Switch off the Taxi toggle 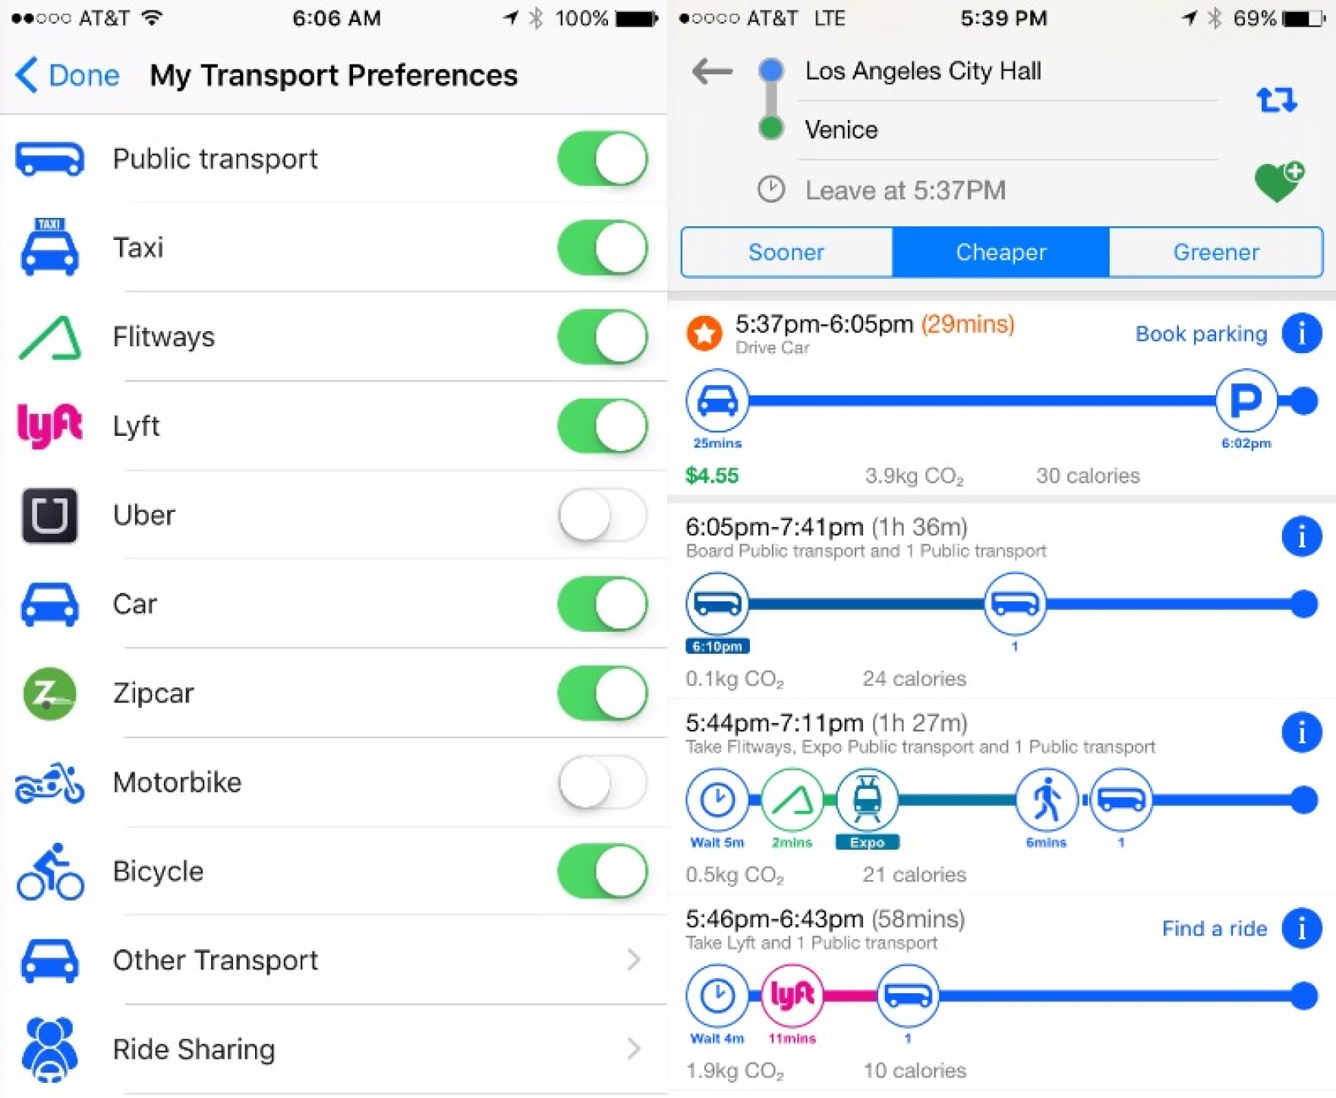click(603, 248)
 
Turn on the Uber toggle click(603, 515)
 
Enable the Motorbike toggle click(603, 782)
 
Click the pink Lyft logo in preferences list click(49, 425)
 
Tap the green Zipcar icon click(49, 693)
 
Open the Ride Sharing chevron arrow click(634, 1049)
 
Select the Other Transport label click(215, 960)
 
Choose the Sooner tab click(786, 252)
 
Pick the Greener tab click(1215, 252)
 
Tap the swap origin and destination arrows click(1276, 99)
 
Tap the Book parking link click(1201, 333)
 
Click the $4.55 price click(711, 475)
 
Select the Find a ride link click(1214, 928)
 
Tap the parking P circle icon click(1245, 400)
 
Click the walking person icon click(1046, 800)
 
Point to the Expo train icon click(867, 800)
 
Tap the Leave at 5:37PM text click(905, 190)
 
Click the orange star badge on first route click(704, 333)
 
